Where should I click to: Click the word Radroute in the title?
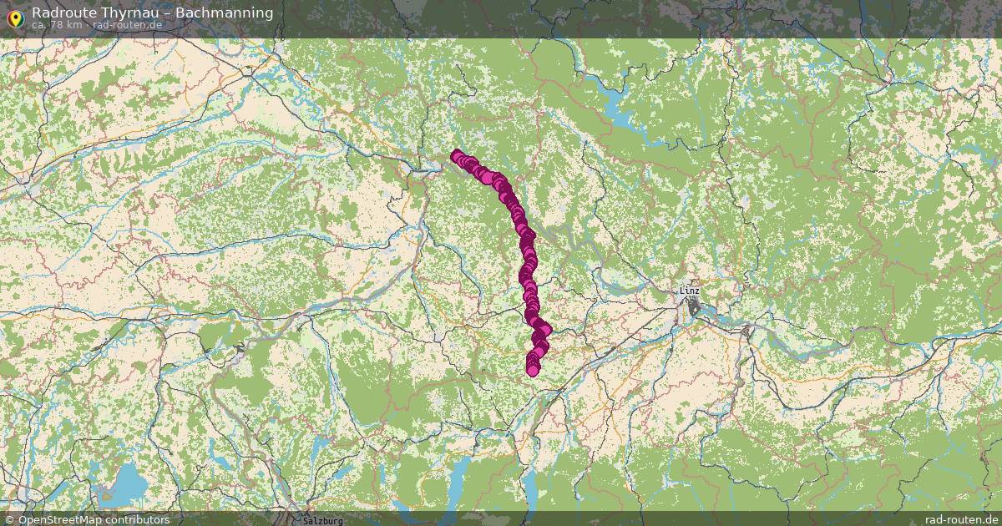(x=63, y=13)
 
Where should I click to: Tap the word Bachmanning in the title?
(x=224, y=13)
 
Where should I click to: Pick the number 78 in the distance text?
(x=57, y=25)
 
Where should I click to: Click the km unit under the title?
(x=75, y=25)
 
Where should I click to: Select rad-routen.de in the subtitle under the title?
(x=128, y=25)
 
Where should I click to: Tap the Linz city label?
(x=690, y=291)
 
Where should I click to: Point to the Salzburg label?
(x=322, y=520)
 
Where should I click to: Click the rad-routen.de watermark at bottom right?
(x=960, y=519)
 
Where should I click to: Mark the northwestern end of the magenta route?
(x=456, y=155)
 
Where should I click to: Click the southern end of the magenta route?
(x=533, y=370)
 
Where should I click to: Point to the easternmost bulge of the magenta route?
(x=545, y=331)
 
